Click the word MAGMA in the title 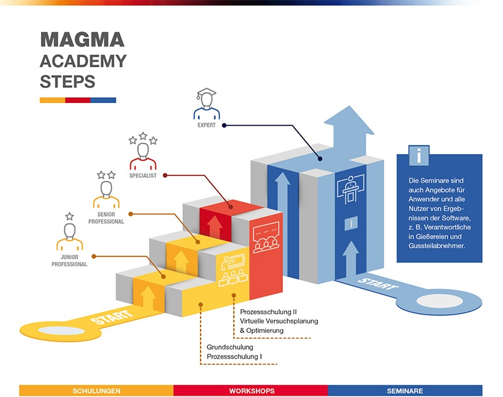tap(82, 40)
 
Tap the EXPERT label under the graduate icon tap(207, 125)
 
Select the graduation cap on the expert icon tap(206, 93)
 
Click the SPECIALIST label tap(143, 176)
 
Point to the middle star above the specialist tap(143, 136)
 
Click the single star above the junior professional tap(70, 216)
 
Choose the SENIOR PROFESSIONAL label tap(106, 218)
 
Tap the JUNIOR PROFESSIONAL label tap(69, 261)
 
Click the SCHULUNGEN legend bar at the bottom tap(96, 391)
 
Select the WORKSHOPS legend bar tap(251, 391)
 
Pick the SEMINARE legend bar tap(405, 391)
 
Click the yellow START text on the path tap(112, 317)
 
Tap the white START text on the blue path tap(378, 284)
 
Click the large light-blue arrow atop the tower tap(349, 131)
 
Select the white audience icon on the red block tap(266, 237)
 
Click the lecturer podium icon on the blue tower tap(350, 189)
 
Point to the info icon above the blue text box tap(419, 155)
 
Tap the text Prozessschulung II tap(268, 312)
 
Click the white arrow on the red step tap(214, 226)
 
